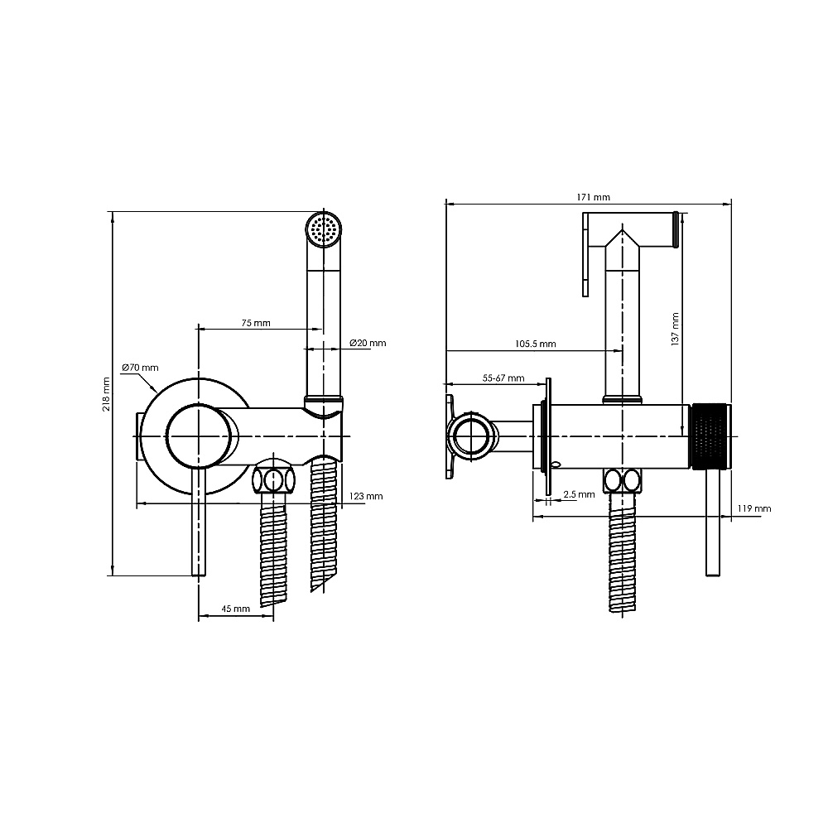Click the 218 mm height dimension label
107,394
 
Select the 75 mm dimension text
256,323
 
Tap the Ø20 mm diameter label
368,343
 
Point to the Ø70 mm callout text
140,368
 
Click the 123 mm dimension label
366,496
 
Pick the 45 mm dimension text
235,609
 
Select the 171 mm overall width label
594,197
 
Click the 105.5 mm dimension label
536,344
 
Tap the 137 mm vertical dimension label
675,329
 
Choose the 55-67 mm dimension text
503,378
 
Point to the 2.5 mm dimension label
579,494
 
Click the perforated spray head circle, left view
324,229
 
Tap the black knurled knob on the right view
711,436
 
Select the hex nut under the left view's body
273,479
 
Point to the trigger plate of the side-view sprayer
585,254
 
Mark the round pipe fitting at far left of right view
472,436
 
